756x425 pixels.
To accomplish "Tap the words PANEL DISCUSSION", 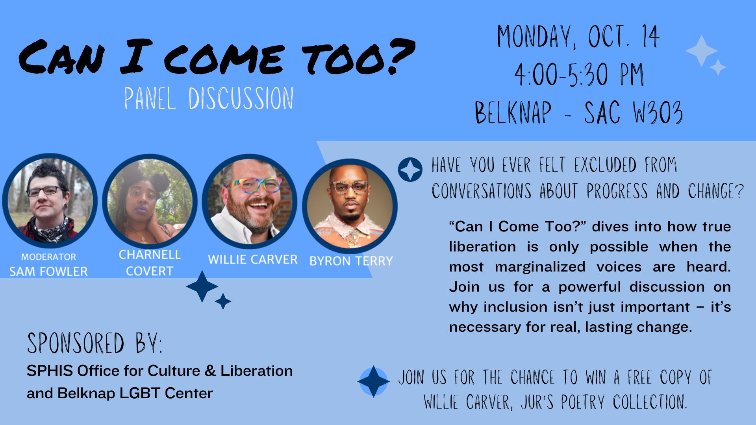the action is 209,98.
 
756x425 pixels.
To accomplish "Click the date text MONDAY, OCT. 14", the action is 578,37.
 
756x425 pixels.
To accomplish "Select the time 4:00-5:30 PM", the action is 579,74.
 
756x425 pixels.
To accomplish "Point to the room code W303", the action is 658,113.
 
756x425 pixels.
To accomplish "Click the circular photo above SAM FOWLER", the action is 50,201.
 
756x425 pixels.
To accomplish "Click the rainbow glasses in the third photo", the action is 254,185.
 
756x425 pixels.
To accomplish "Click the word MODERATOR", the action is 48,257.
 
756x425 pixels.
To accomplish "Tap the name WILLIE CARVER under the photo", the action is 252,260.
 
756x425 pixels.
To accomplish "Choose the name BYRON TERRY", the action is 351,261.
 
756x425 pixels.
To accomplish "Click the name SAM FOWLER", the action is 48,272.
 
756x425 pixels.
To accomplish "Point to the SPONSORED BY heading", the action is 94,343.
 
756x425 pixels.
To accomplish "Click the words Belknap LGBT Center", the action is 135,393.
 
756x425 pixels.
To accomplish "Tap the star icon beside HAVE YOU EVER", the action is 410,170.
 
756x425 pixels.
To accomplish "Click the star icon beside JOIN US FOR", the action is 373,381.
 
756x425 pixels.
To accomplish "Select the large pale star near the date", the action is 701,51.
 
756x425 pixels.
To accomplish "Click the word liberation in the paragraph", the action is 482,247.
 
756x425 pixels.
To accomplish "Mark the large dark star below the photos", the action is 202,286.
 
